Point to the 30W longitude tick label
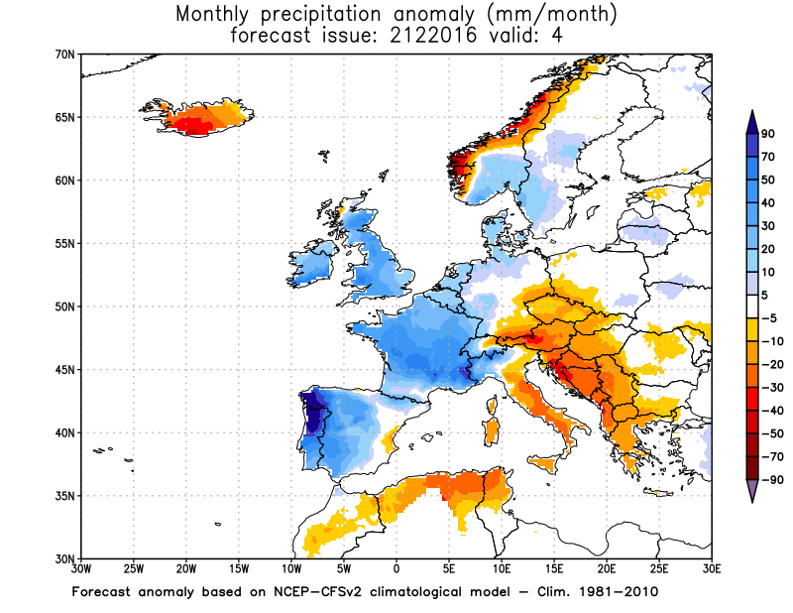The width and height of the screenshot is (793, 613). click(x=80, y=569)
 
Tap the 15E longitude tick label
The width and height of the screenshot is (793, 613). click(x=554, y=569)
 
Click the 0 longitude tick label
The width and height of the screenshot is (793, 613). click(x=396, y=569)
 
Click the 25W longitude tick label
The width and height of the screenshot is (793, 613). click(x=134, y=569)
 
